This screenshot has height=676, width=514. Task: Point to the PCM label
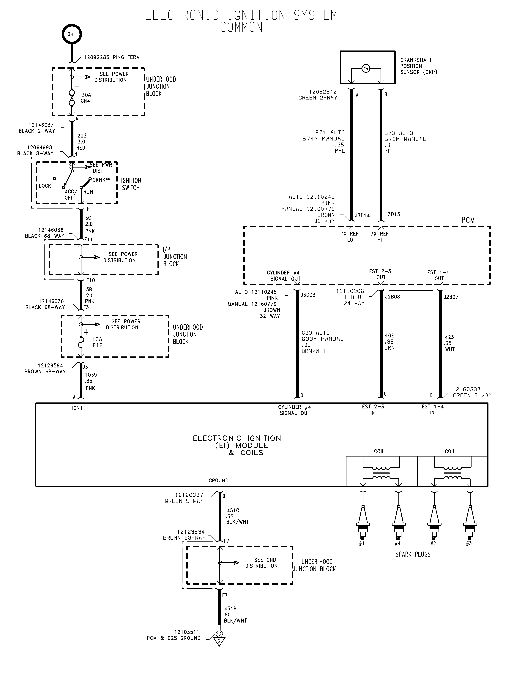click(x=468, y=220)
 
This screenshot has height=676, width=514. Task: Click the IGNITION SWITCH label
click(x=131, y=184)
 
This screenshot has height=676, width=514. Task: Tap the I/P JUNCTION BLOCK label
click(x=175, y=257)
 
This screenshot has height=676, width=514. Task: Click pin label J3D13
click(x=392, y=214)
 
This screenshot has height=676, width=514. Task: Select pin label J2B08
click(x=392, y=297)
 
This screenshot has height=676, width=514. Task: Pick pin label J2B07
click(x=451, y=297)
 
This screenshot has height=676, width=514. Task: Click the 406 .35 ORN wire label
click(x=390, y=342)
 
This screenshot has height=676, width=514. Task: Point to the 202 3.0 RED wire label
click(x=81, y=142)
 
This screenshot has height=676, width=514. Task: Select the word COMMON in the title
click(x=241, y=27)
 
